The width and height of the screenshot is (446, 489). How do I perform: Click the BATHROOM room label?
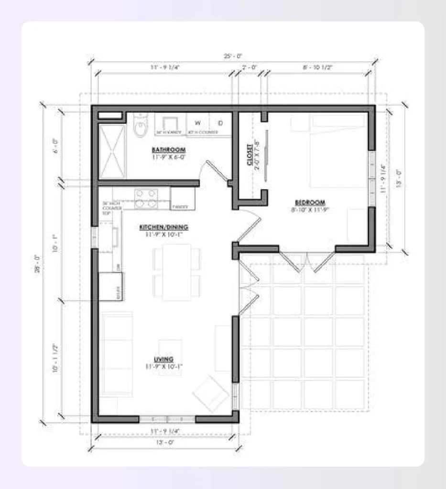tap(168, 149)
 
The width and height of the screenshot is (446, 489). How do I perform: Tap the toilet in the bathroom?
tap(141, 127)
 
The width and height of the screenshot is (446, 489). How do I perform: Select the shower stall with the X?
tap(112, 151)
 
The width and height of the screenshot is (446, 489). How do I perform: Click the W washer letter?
tap(197, 122)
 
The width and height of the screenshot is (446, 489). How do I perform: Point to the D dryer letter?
tap(220, 122)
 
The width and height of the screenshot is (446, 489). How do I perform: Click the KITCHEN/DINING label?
tap(163, 227)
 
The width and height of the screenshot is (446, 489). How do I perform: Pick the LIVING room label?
tap(163, 359)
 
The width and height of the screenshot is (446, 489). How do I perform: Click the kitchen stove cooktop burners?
tap(146, 198)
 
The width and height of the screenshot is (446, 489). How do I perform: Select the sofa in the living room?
tap(116, 354)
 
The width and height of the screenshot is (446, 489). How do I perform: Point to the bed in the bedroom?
tap(339, 150)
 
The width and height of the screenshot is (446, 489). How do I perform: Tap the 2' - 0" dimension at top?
tap(249, 68)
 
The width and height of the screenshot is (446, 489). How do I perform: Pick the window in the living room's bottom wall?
tap(167, 419)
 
